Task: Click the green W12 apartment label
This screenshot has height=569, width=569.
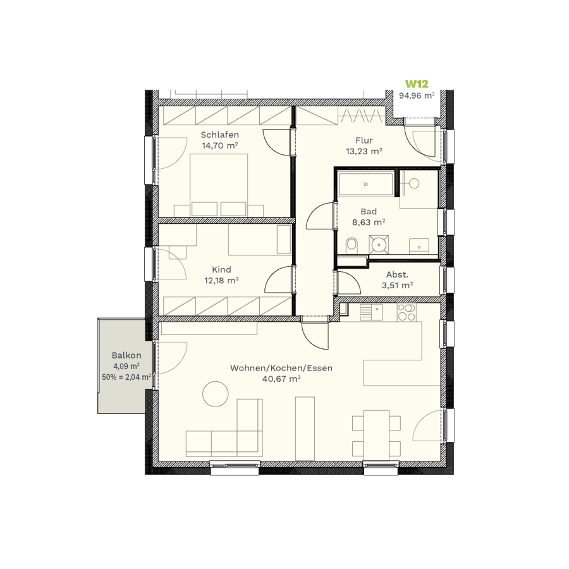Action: tap(417, 84)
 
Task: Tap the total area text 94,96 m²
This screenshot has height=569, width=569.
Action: tap(417, 96)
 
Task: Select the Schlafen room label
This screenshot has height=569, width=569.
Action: tap(220, 135)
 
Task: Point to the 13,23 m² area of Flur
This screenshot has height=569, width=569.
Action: tap(364, 151)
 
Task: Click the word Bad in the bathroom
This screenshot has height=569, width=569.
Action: tap(369, 211)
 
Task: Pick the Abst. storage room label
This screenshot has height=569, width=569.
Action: tap(398, 274)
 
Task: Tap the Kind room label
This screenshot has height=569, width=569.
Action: tap(221, 269)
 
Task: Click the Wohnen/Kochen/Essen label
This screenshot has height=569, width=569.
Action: tap(281, 368)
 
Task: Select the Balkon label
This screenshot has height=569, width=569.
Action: tap(126, 355)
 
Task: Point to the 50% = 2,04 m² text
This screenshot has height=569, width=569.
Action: tap(126, 377)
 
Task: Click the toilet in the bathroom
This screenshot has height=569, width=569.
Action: tap(352, 245)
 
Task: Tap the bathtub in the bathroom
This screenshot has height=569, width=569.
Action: tap(366, 184)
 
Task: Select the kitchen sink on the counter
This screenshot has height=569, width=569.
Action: tap(371, 312)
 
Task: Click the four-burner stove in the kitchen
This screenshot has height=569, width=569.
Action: tap(407, 312)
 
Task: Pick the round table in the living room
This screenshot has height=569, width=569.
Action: tap(215, 394)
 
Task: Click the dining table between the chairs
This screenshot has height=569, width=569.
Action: tap(376, 433)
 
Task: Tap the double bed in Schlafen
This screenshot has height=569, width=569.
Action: tap(219, 185)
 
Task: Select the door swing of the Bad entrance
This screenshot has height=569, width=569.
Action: tap(320, 216)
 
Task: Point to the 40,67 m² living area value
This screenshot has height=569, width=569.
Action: tap(281, 379)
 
